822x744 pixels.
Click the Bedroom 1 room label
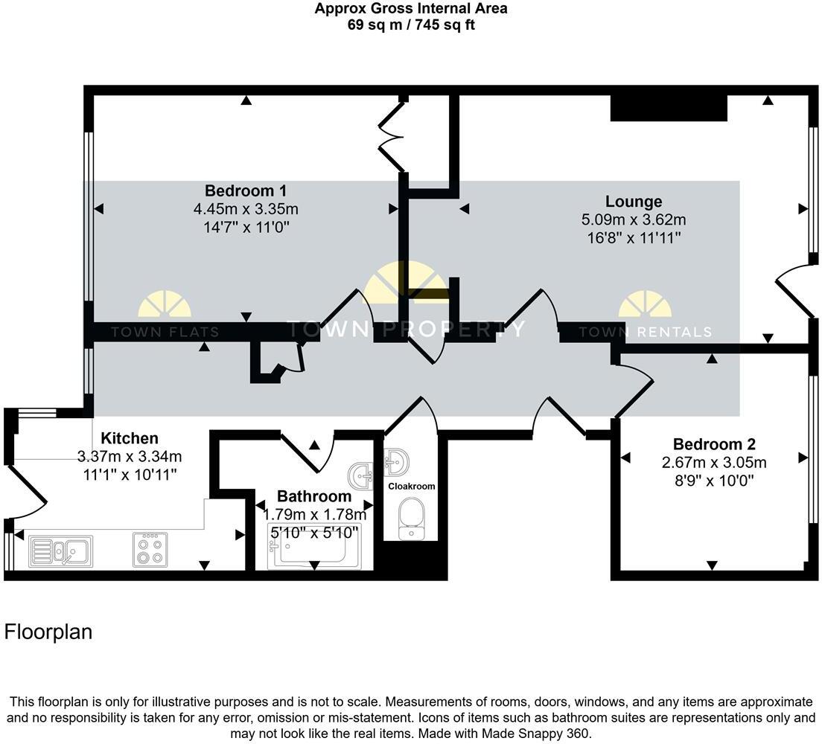(246, 190)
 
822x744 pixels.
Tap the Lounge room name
(633, 202)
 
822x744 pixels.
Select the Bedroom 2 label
(714, 445)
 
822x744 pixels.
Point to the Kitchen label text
(130, 438)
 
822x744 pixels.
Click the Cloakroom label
(412, 486)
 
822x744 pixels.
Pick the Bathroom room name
(313, 496)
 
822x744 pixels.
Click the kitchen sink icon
(61, 551)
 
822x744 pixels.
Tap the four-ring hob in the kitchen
(150, 550)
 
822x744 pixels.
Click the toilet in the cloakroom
(412, 519)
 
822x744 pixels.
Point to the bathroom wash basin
(363, 475)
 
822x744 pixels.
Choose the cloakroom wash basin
(396, 461)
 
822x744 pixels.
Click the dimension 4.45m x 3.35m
(246, 209)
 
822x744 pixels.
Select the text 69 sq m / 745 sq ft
(411, 25)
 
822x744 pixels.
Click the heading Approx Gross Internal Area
(411, 9)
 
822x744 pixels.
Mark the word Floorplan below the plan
(48, 632)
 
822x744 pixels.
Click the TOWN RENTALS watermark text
(645, 333)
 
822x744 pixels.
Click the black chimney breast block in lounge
(668, 109)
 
